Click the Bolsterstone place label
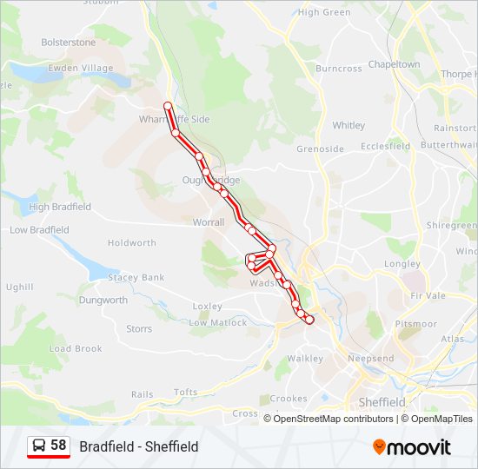click(69, 42)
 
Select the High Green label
click(324, 12)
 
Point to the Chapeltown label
click(394, 64)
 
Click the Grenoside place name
click(320, 149)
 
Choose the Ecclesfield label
click(385, 146)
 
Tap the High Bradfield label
click(60, 207)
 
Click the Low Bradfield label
click(39, 230)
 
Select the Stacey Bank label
click(136, 278)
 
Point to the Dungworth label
click(103, 301)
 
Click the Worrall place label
click(208, 222)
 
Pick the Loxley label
click(207, 307)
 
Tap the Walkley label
click(305, 358)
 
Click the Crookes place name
click(288, 399)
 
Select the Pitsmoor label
click(415, 324)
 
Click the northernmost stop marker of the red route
click(168, 107)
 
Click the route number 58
click(58, 446)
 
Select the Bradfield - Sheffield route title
click(139, 446)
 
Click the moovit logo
click(412, 446)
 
